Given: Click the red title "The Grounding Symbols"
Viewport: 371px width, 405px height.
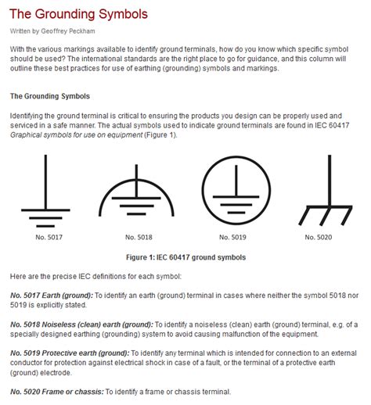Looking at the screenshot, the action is point(78,14).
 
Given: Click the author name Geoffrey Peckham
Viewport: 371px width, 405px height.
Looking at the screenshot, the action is point(68,31).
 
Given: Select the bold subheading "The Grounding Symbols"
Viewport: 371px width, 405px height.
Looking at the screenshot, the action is point(50,96).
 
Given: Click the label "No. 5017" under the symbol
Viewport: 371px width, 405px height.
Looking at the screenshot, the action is point(49,237).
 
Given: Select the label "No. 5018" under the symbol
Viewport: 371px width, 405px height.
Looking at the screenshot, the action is point(139,237).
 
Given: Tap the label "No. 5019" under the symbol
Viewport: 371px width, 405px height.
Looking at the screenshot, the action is point(232,237).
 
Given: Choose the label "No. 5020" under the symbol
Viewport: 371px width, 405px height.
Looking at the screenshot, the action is point(319,237).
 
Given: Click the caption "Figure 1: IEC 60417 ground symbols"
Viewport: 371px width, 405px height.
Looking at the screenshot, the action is point(185,257).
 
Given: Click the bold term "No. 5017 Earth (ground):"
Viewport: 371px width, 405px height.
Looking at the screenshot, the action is point(52,296).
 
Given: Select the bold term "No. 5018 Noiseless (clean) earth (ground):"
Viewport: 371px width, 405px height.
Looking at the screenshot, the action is point(82,324).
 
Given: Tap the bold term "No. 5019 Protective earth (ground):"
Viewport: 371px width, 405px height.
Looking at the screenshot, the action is point(70,353).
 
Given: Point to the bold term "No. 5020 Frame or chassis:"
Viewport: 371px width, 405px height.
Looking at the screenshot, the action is point(57,392).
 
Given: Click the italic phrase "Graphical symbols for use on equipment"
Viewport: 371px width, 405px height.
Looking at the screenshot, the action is point(77,135).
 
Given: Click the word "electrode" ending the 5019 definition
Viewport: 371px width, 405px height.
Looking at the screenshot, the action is point(56,373).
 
